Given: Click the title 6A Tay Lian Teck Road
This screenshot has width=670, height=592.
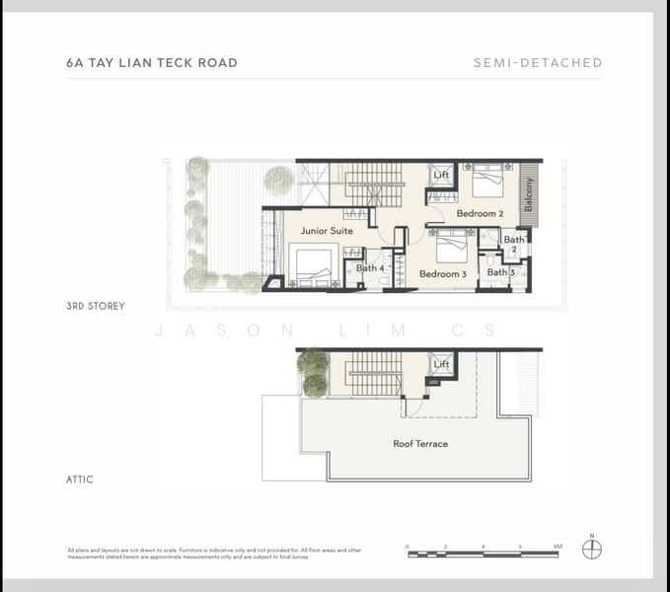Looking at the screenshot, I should pos(152,63).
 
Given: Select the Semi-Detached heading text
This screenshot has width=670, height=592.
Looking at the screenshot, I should pos(537,63).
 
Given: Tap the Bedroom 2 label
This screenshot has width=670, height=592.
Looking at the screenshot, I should pos(480,214).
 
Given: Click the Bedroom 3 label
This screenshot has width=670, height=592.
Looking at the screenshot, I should pos(442,274).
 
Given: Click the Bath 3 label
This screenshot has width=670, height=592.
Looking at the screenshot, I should pos(497,272).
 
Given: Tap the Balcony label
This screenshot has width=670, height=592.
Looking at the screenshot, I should pos(529,194).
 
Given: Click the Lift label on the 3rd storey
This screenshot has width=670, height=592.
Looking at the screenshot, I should pos(441,176).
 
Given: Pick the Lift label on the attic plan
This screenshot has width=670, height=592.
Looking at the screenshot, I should pos(441,365).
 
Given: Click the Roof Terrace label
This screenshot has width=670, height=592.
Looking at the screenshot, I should pos(420,444).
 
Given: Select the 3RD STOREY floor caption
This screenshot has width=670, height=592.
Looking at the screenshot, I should pos(96,307).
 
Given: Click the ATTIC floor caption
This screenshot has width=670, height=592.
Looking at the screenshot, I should pos(81,481).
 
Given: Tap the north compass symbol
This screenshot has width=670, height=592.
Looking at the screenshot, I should pos(592,550).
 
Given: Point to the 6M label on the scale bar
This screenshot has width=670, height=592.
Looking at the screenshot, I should pos(558,546).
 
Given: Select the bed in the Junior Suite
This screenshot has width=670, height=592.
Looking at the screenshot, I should pos(313,264).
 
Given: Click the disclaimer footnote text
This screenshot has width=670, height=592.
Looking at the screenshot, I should pos(214,553).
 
